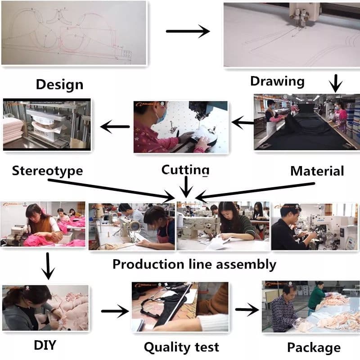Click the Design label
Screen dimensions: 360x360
pos(59,84)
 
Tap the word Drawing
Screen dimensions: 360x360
pos(277,81)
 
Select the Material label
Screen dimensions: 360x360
pos(317,171)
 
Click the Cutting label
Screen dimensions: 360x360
pos(185,170)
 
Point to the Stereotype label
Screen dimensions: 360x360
pos(47,171)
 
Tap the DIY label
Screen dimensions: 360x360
pos(45,346)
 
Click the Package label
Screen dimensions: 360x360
pos(314,347)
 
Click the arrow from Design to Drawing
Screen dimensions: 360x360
pos(188,31)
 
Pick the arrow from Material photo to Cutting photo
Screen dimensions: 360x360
pos(242,121)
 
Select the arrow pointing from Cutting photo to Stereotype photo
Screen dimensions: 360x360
pos(115,127)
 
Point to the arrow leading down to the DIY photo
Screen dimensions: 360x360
pos(47,265)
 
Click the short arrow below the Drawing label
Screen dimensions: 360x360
pos(336,84)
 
